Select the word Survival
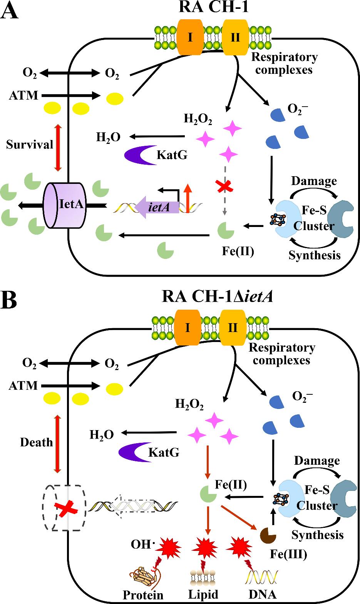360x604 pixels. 30,145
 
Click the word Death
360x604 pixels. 36,442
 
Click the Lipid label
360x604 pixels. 203,594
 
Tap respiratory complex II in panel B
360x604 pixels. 233,327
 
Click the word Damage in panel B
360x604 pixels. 317,461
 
